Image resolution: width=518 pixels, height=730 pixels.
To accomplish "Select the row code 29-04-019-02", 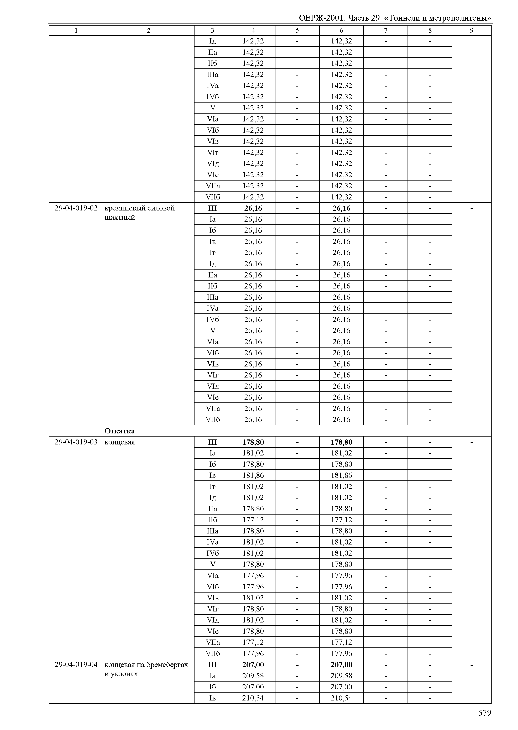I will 76,208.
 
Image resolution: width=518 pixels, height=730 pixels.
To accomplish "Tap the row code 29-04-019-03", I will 76,442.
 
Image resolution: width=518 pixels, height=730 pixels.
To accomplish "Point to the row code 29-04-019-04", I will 76,665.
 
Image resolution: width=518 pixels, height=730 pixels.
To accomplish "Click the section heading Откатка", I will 120,431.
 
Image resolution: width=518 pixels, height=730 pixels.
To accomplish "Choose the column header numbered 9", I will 471,31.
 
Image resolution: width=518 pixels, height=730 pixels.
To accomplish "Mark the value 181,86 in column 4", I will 253,475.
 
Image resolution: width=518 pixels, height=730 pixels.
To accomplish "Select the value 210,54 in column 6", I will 341,698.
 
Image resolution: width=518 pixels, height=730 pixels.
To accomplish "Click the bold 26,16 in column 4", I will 253,208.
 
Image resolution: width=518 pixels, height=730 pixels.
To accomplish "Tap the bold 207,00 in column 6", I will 341,665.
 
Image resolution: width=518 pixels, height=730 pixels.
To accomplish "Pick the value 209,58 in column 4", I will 253,676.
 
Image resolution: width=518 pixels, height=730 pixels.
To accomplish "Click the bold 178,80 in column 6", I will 341,442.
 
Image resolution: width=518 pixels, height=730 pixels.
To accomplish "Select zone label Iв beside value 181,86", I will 212,475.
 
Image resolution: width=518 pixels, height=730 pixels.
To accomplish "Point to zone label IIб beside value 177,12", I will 212,520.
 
